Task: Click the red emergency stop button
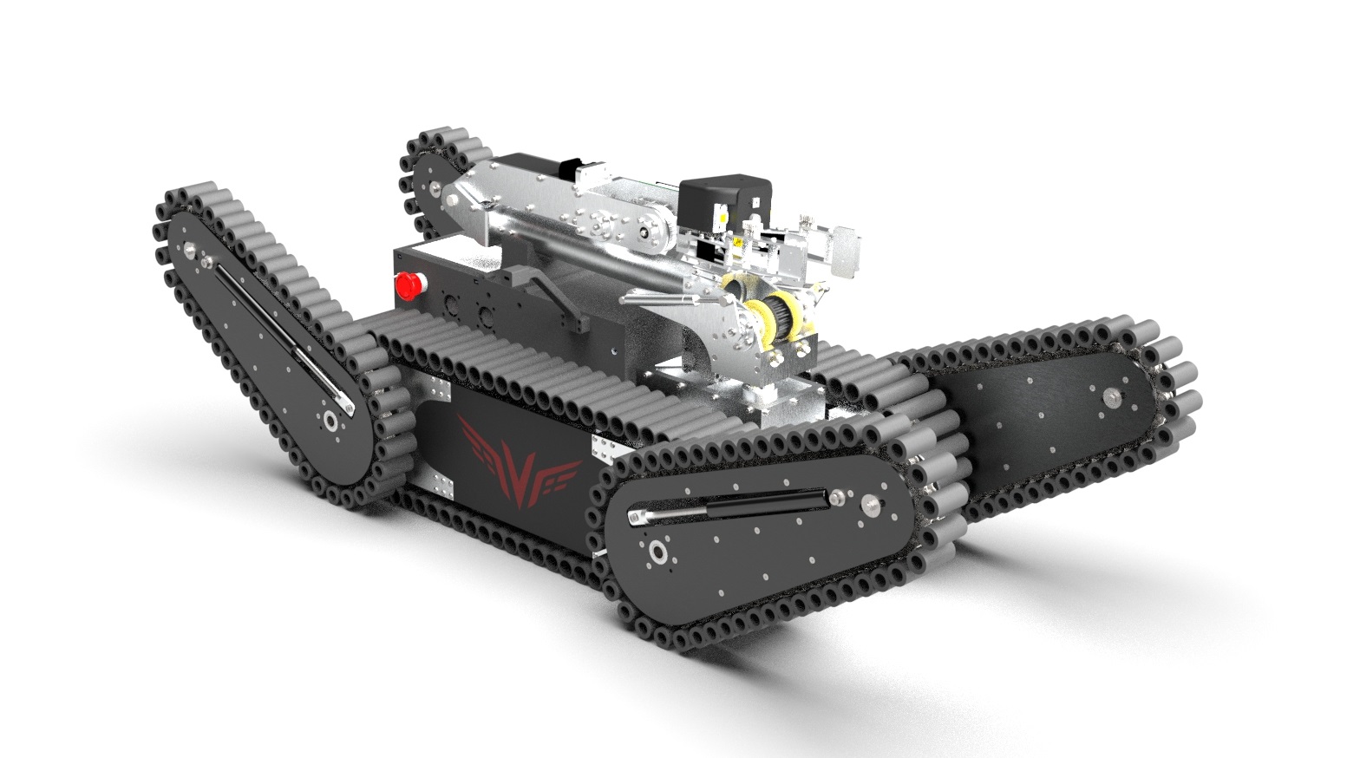coord(407,284)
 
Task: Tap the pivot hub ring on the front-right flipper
coord(657,553)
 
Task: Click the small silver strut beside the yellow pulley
coord(668,298)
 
